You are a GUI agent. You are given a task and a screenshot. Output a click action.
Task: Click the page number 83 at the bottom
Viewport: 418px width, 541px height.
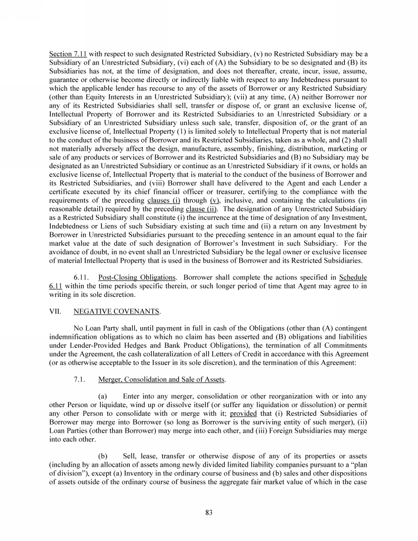tap(209, 512)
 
